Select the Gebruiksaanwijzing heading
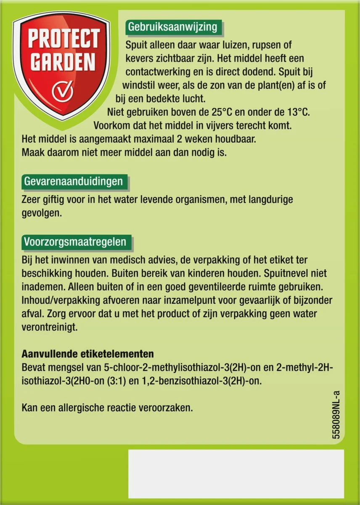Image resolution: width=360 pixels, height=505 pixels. (172, 27)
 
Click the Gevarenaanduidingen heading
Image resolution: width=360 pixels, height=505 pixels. (74, 181)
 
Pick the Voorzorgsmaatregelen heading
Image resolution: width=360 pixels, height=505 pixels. (74, 242)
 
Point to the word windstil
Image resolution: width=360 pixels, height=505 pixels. (138, 85)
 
